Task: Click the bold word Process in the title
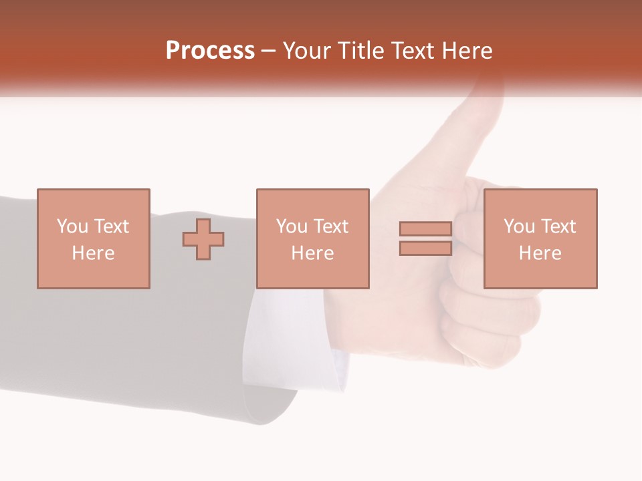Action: point(210,51)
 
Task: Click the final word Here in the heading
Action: point(466,51)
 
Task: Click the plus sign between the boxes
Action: point(203,238)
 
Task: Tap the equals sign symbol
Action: point(425,238)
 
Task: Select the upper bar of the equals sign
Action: point(425,229)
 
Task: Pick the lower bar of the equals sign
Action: point(425,248)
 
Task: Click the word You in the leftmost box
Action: point(72,226)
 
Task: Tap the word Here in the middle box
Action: point(313,253)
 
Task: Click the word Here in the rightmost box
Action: point(540,253)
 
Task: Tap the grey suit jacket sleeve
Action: point(134,334)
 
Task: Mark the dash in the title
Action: point(269,51)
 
